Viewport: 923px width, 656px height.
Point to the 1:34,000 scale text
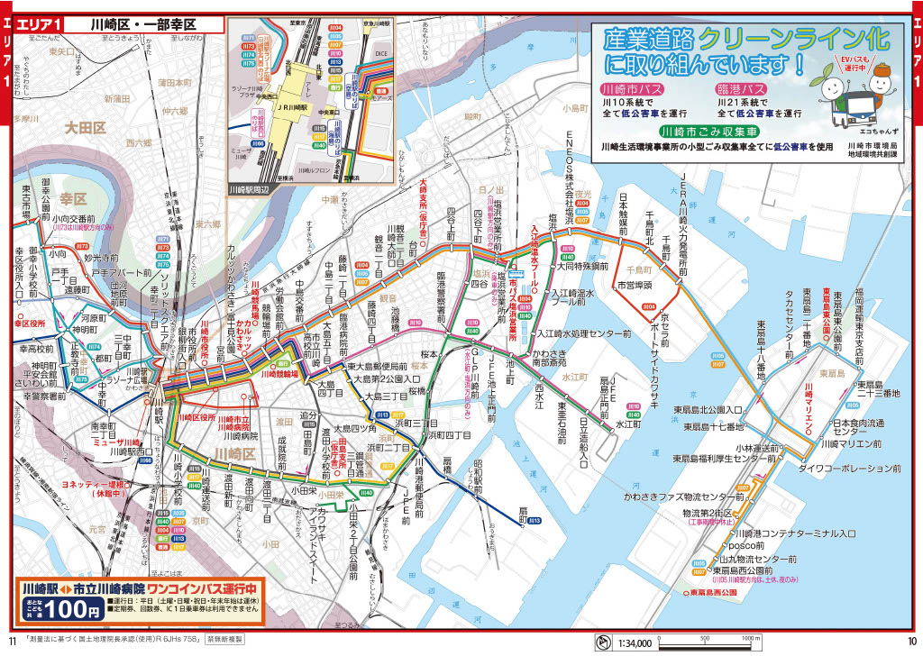(x=635, y=643)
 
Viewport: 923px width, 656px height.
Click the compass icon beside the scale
(x=604, y=642)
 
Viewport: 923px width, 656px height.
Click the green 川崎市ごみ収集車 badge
(x=706, y=132)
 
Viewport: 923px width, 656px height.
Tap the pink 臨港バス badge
(x=741, y=90)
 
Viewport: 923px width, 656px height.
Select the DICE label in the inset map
(x=380, y=53)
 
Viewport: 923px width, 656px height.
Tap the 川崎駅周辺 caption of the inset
(x=250, y=189)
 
